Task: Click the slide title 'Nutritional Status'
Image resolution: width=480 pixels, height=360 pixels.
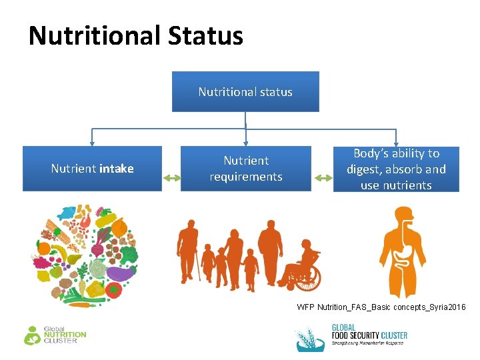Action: coord(136,35)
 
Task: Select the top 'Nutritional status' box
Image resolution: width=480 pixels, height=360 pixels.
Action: coord(245,91)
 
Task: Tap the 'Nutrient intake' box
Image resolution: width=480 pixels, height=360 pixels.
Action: coord(92,169)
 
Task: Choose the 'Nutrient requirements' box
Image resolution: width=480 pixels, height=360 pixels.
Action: coord(245,169)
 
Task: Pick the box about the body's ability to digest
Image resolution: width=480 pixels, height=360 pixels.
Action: coord(396,169)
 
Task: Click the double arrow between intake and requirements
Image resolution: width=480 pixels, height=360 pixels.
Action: coord(171,178)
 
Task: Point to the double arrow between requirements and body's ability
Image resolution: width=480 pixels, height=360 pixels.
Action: coord(323,178)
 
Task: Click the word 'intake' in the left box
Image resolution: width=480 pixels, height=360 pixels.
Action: coord(117,169)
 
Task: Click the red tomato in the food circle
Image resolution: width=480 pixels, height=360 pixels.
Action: coord(114,291)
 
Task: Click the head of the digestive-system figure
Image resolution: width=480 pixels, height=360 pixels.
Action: coord(402,216)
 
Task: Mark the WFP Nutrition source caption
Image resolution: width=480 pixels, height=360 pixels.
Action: coord(381,307)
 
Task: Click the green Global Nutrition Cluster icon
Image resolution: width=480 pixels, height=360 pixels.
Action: coord(32,335)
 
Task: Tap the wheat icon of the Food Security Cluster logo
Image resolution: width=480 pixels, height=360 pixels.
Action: coord(310,339)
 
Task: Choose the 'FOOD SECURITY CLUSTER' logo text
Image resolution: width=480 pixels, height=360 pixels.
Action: coord(369,335)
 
